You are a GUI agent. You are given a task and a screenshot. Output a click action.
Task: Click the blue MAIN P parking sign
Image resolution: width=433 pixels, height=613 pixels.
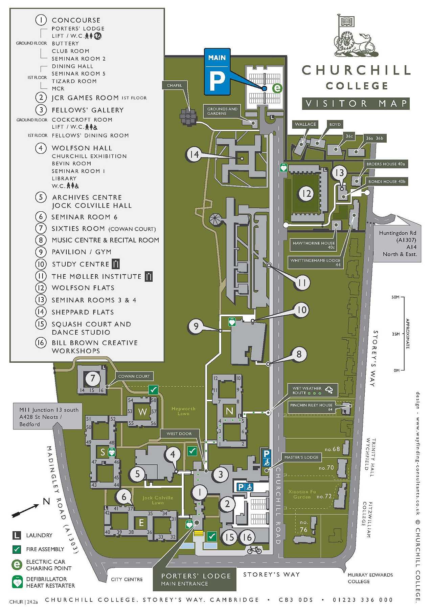(x=217, y=71)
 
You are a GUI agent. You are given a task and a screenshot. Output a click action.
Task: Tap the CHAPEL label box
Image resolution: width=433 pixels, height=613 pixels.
(x=174, y=85)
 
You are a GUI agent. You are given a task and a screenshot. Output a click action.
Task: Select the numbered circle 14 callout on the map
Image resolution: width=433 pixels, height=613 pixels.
(x=194, y=154)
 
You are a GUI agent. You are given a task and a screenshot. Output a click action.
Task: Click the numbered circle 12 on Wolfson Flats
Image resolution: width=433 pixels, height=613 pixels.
(x=306, y=194)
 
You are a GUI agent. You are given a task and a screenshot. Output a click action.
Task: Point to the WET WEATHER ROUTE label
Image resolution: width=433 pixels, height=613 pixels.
(x=313, y=390)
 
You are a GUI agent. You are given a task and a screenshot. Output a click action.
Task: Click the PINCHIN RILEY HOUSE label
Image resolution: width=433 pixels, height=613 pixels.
(x=311, y=407)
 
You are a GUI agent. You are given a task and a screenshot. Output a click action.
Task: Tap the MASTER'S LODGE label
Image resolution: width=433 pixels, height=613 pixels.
(x=301, y=457)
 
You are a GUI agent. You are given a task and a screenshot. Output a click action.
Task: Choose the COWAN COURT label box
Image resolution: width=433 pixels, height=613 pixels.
(x=134, y=376)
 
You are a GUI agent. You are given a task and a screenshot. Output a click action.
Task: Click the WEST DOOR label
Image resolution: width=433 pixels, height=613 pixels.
(x=179, y=434)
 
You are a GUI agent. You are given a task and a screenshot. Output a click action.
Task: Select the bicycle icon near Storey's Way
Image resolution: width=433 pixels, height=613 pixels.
(x=254, y=550)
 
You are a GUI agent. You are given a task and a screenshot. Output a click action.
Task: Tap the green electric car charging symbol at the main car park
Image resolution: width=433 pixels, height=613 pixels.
(x=277, y=88)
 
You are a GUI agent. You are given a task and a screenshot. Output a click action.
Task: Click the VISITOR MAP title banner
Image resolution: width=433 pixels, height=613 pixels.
(x=356, y=103)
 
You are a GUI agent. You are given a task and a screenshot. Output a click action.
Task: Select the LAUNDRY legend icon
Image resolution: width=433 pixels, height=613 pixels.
(x=17, y=535)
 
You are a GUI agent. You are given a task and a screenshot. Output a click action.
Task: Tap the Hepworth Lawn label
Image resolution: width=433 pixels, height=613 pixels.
(x=183, y=411)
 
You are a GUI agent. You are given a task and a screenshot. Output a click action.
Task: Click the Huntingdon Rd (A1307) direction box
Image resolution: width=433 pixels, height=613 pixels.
(x=397, y=243)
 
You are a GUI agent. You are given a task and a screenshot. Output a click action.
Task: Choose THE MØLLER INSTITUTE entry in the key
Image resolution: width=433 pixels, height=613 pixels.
(x=96, y=276)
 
